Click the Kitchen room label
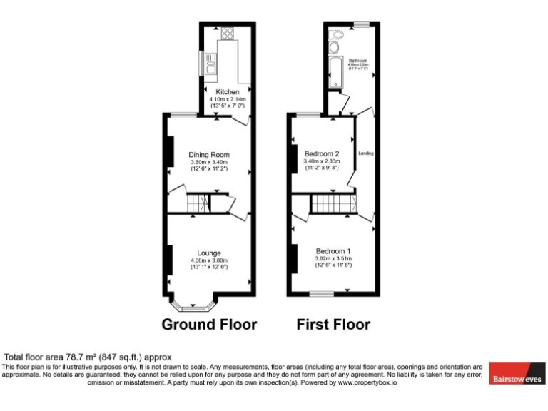pyautogui.click(x=228, y=92)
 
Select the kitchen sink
pyautogui.click(x=212, y=66)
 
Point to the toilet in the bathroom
pyautogui.click(x=338, y=34)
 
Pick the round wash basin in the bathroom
pyautogui.click(x=334, y=48)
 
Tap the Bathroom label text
pyautogui.click(x=357, y=61)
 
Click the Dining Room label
pyautogui.click(x=209, y=155)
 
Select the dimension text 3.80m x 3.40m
pyautogui.click(x=209, y=162)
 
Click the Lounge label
pyautogui.click(x=209, y=253)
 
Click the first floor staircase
pyautogui.click(x=333, y=205)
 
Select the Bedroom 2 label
pyautogui.click(x=321, y=153)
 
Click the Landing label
pyautogui.click(x=366, y=153)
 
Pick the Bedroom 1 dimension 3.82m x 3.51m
pyautogui.click(x=333, y=258)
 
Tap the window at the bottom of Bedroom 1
pyautogui.click(x=322, y=293)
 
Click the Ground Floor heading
pyautogui.click(x=209, y=325)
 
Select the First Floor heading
pyautogui.click(x=333, y=325)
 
